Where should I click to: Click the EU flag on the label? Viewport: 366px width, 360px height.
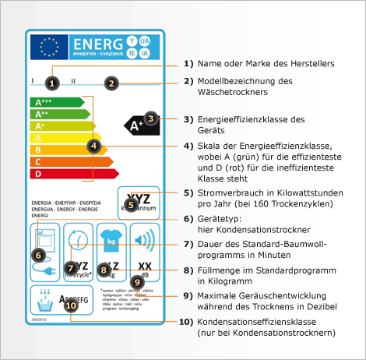pos(48,48)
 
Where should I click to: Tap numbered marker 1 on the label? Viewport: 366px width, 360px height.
pos(51,81)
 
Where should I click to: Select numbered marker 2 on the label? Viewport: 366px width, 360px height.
pos(111,83)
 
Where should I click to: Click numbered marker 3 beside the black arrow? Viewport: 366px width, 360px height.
pos(152,119)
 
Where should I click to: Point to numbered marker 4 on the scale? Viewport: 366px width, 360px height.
pos(93,145)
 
